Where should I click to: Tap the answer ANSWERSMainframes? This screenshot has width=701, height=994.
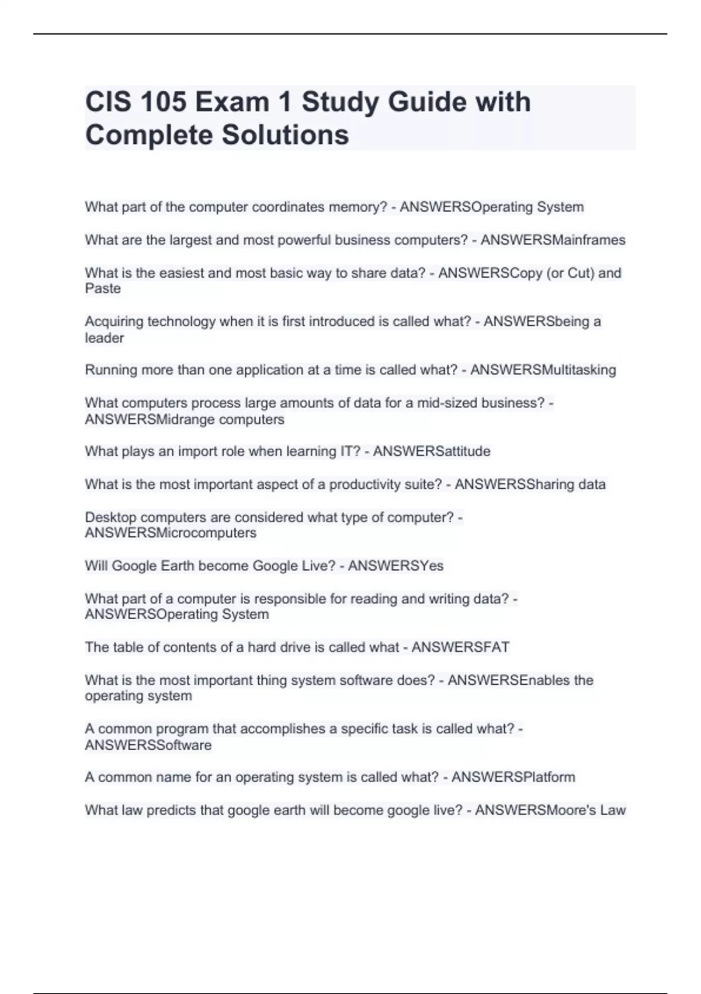coord(553,240)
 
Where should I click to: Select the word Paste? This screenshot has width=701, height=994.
coord(103,288)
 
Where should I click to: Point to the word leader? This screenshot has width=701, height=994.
coord(105,338)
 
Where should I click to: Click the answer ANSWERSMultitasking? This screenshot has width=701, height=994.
coord(543,370)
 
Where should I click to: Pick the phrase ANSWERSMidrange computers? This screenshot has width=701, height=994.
coord(185,419)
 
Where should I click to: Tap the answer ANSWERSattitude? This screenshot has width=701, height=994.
coord(432,451)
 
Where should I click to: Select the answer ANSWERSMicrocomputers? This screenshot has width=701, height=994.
coord(171,533)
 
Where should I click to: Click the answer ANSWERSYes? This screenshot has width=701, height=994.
coord(395,565)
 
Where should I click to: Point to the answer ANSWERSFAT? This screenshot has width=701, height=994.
coord(460,647)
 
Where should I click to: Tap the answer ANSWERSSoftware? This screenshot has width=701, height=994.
coord(148,745)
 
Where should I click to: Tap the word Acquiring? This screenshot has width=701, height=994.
coord(114,321)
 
